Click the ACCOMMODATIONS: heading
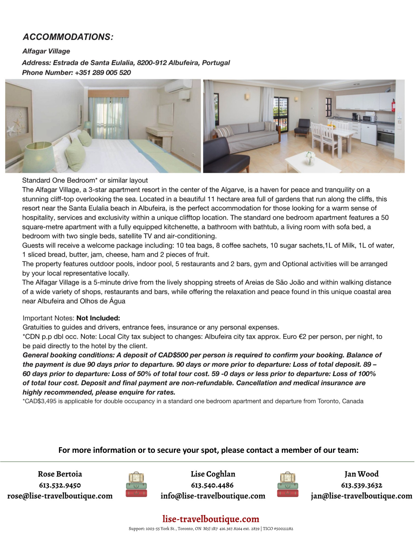68,37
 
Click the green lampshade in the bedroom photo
40,157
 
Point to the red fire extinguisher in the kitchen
393,106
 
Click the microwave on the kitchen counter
369,118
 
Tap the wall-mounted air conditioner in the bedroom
178,87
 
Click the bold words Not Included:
98,318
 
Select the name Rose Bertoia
60,474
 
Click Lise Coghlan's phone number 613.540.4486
212,485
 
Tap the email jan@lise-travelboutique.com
362,496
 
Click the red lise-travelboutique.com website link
211,519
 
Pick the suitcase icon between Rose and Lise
136,485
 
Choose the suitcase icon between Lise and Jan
288,485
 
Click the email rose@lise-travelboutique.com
60,496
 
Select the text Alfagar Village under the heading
46,51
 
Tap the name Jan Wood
362,474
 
